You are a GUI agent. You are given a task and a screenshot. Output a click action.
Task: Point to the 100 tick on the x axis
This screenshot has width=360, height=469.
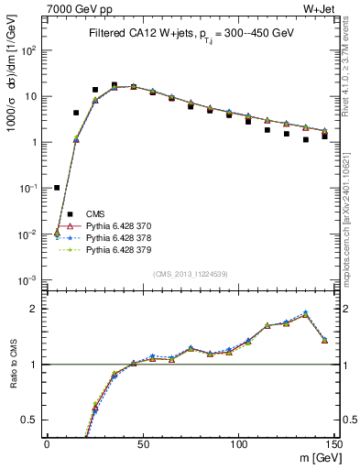point(238,444)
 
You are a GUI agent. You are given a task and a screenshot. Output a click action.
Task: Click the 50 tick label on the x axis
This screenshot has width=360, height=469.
point(142,444)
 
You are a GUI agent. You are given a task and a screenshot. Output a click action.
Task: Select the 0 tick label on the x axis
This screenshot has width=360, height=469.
point(47,444)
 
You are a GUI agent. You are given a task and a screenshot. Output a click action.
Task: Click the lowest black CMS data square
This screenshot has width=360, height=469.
point(57,188)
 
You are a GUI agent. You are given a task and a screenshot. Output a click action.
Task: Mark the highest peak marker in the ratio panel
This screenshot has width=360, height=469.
point(306,312)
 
